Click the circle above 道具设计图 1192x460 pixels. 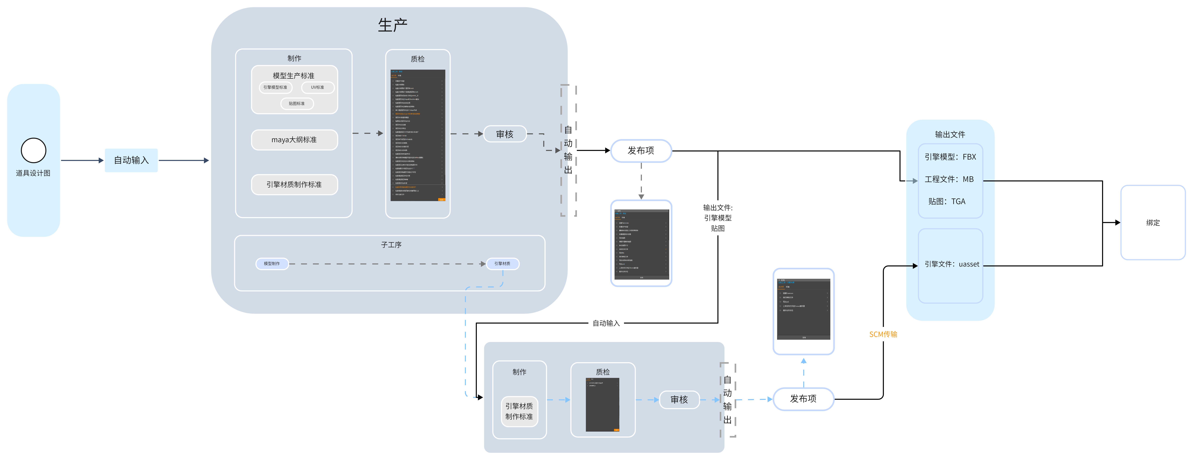33,150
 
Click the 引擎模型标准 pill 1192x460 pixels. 275,87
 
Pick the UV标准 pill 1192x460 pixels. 317,87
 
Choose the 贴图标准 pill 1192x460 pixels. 297,104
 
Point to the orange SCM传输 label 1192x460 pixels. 883,334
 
